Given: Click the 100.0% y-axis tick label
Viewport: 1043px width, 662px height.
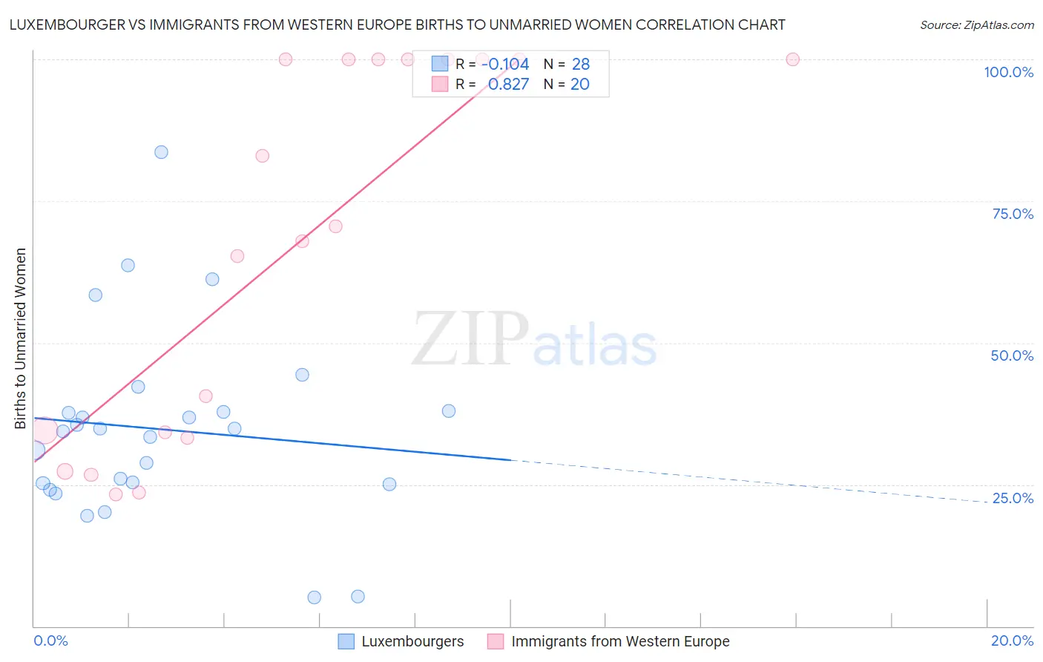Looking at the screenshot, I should [1008, 72].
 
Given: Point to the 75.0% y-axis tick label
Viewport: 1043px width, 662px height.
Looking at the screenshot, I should [1013, 214].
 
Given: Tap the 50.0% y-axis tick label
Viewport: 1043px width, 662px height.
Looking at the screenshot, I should [1012, 355].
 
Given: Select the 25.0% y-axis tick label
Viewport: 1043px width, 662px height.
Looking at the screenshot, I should [1013, 498].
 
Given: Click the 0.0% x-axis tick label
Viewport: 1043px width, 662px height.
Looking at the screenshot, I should [50, 640].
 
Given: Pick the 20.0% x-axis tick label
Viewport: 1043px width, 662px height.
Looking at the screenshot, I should [1012, 640].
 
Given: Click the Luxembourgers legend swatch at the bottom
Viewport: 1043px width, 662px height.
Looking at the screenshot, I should [346, 641].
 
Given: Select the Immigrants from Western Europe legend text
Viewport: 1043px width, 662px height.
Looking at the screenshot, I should [620, 641].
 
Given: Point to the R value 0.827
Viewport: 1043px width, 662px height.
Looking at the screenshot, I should [508, 84].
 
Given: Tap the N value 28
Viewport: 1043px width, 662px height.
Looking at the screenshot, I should [580, 64].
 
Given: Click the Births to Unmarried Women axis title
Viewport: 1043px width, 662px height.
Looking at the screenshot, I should [20, 338].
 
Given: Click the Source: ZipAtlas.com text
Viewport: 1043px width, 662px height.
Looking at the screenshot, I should [976, 24].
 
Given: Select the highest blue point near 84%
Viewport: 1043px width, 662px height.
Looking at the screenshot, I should [161, 152].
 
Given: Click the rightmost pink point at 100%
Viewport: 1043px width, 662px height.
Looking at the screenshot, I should [792, 59].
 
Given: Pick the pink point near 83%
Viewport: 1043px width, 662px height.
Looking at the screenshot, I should [262, 156].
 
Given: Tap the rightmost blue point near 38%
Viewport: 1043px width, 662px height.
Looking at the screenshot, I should [449, 411].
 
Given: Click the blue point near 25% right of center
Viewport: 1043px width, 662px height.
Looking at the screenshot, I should [389, 485].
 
